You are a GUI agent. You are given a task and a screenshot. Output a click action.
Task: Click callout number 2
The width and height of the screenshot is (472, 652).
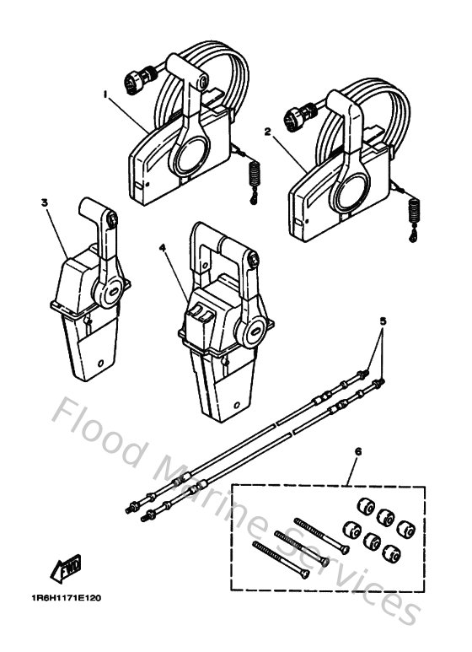click(x=267, y=131)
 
